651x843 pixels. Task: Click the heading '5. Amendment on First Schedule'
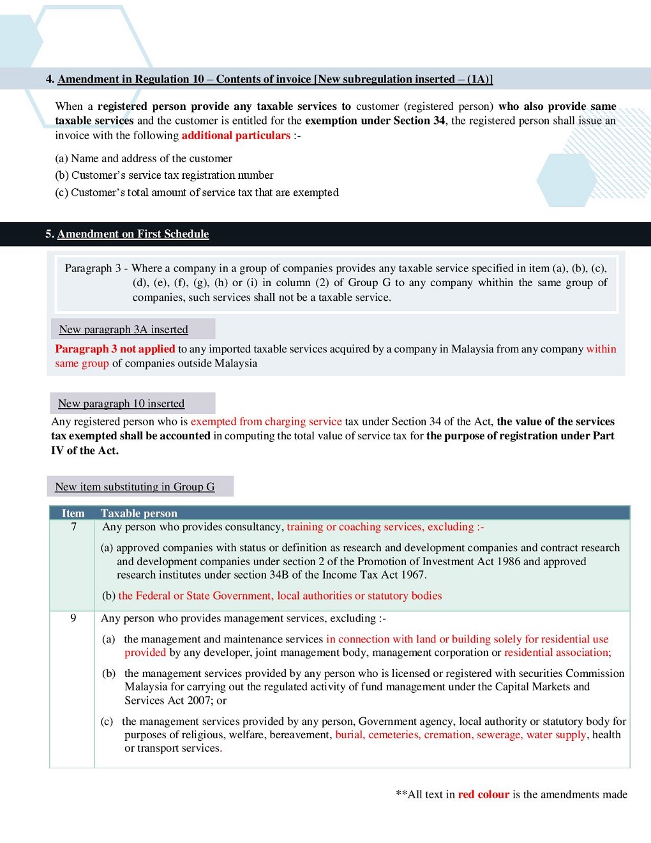point(127,234)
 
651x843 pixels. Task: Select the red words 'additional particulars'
point(236,135)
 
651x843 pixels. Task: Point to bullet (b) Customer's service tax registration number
point(164,175)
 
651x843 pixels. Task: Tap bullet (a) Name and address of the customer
point(144,158)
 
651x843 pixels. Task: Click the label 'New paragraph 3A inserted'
point(123,330)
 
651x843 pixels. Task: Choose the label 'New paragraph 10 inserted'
point(121,404)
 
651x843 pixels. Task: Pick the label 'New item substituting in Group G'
point(135,487)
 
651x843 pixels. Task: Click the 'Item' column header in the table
point(73,513)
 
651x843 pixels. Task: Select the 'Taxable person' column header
point(139,513)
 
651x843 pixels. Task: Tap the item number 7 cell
point(73,527)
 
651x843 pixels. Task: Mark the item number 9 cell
point(73,618)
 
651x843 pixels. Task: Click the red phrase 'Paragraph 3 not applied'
point(115,349)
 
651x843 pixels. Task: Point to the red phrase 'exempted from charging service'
point(266,421)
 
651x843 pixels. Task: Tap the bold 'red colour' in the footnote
point(483,794)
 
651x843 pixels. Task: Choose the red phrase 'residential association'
point(556,653)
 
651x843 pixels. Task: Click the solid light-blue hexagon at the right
point(566,180)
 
